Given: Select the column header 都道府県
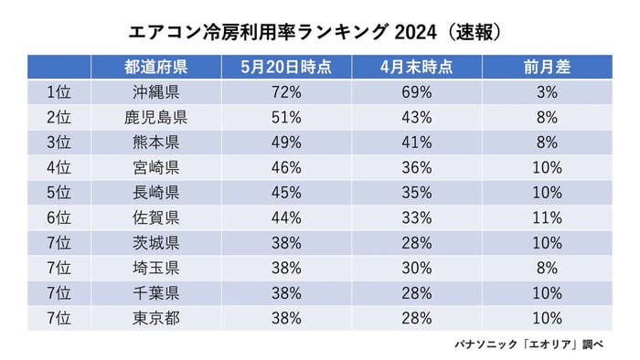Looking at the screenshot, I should pos(156,68).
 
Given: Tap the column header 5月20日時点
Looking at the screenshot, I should pos(286,68).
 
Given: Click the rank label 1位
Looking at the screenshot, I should pos(58,92).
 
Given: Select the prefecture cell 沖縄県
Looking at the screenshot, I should pos(156,92).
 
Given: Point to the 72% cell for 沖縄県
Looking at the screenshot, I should pos(286,92).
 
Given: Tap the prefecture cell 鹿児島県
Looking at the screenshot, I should pos(156,117).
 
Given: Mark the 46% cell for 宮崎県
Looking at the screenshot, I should pos(286,168).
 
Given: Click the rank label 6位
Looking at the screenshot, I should pos(58,218).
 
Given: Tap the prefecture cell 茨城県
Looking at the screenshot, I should pos(156,243).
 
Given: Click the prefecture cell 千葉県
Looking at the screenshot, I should pos(156,293).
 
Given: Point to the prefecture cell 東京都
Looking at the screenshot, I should pos(156,318).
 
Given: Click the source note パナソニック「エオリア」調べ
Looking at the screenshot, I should pos(539,344).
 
